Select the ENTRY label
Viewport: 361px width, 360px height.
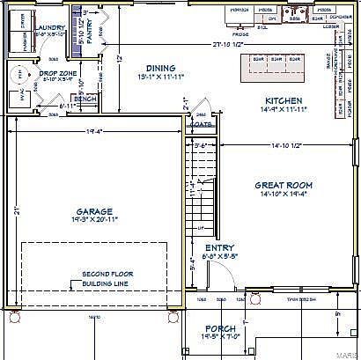[x=219, y=248]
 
